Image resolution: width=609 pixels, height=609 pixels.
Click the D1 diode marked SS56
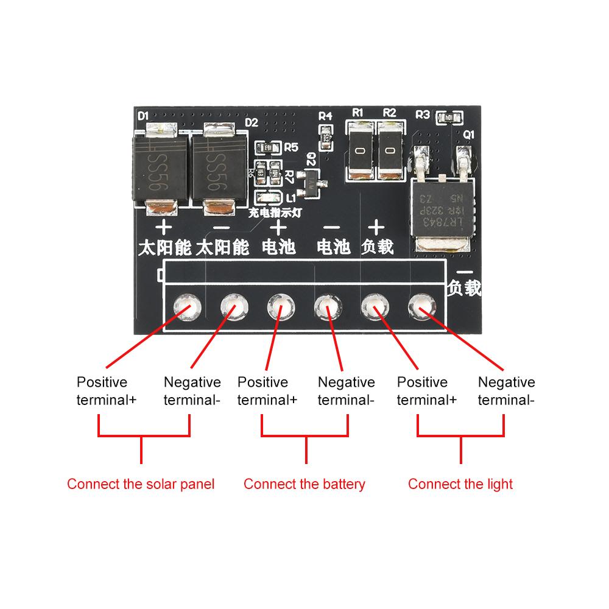[x=160, y=170]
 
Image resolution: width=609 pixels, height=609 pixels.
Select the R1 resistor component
[x=361, y=150]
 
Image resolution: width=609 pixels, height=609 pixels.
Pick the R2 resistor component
[x=390, y=150]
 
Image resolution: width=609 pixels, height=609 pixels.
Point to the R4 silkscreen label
[x=326, y=116]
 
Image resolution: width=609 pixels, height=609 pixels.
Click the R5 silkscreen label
[x=290, y=147]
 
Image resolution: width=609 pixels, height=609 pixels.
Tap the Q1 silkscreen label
[x=469, y=135]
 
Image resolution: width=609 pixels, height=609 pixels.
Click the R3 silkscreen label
[x=422, y=114]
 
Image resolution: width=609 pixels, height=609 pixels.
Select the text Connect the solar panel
[x=141, y=484]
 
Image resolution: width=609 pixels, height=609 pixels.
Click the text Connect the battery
[x=304, y=484]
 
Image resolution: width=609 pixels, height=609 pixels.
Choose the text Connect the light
[x=460, y=484]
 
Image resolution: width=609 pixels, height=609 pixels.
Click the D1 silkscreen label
[x=144, y=114]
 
